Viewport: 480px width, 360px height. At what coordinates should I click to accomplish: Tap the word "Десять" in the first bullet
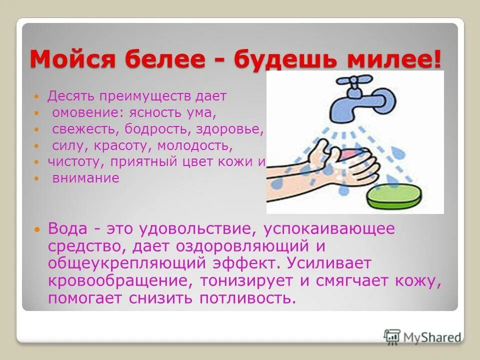70,95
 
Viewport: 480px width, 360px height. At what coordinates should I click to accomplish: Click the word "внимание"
86,178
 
